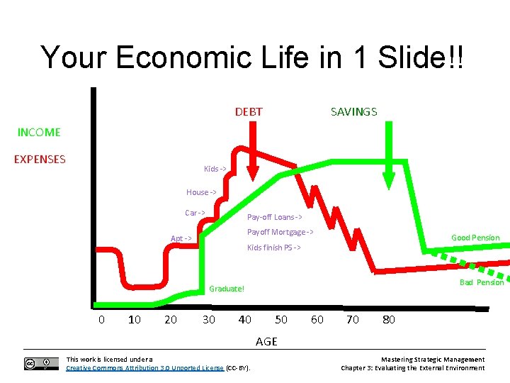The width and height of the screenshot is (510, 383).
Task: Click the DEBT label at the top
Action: (x=249, y=111)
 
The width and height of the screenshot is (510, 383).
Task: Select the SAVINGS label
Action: (x=353, y=111)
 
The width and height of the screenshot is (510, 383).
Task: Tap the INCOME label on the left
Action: (x=39, y=132)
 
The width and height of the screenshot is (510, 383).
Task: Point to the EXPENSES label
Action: (x=40, y=159)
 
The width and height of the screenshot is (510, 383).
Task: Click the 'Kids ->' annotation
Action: (x=215, y=169)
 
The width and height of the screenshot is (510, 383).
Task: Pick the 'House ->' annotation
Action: (x=201, y=192)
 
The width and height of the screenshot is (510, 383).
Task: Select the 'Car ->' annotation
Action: (x=195, y=213)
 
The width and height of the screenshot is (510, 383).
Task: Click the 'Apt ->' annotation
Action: (x=181, y=238)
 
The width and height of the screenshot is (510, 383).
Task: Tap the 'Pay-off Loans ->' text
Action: (x=274, y=217)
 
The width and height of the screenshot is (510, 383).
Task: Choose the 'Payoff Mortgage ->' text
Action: (x=280, y=232)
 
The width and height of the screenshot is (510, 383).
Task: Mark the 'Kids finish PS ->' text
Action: (x=273, y=248)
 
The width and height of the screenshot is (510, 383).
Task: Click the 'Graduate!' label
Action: (x=227, y=289)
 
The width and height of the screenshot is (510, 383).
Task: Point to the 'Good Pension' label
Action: (x=475, y=238)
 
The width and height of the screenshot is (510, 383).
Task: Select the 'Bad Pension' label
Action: (x=481, y=282)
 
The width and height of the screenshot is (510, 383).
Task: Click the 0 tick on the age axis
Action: (x=101, y=319)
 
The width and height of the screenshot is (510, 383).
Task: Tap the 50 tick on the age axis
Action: (x=281, y=319)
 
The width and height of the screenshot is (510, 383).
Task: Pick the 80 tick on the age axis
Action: (x=389, y=319)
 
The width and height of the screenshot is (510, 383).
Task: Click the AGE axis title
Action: (x=266, y=341)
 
